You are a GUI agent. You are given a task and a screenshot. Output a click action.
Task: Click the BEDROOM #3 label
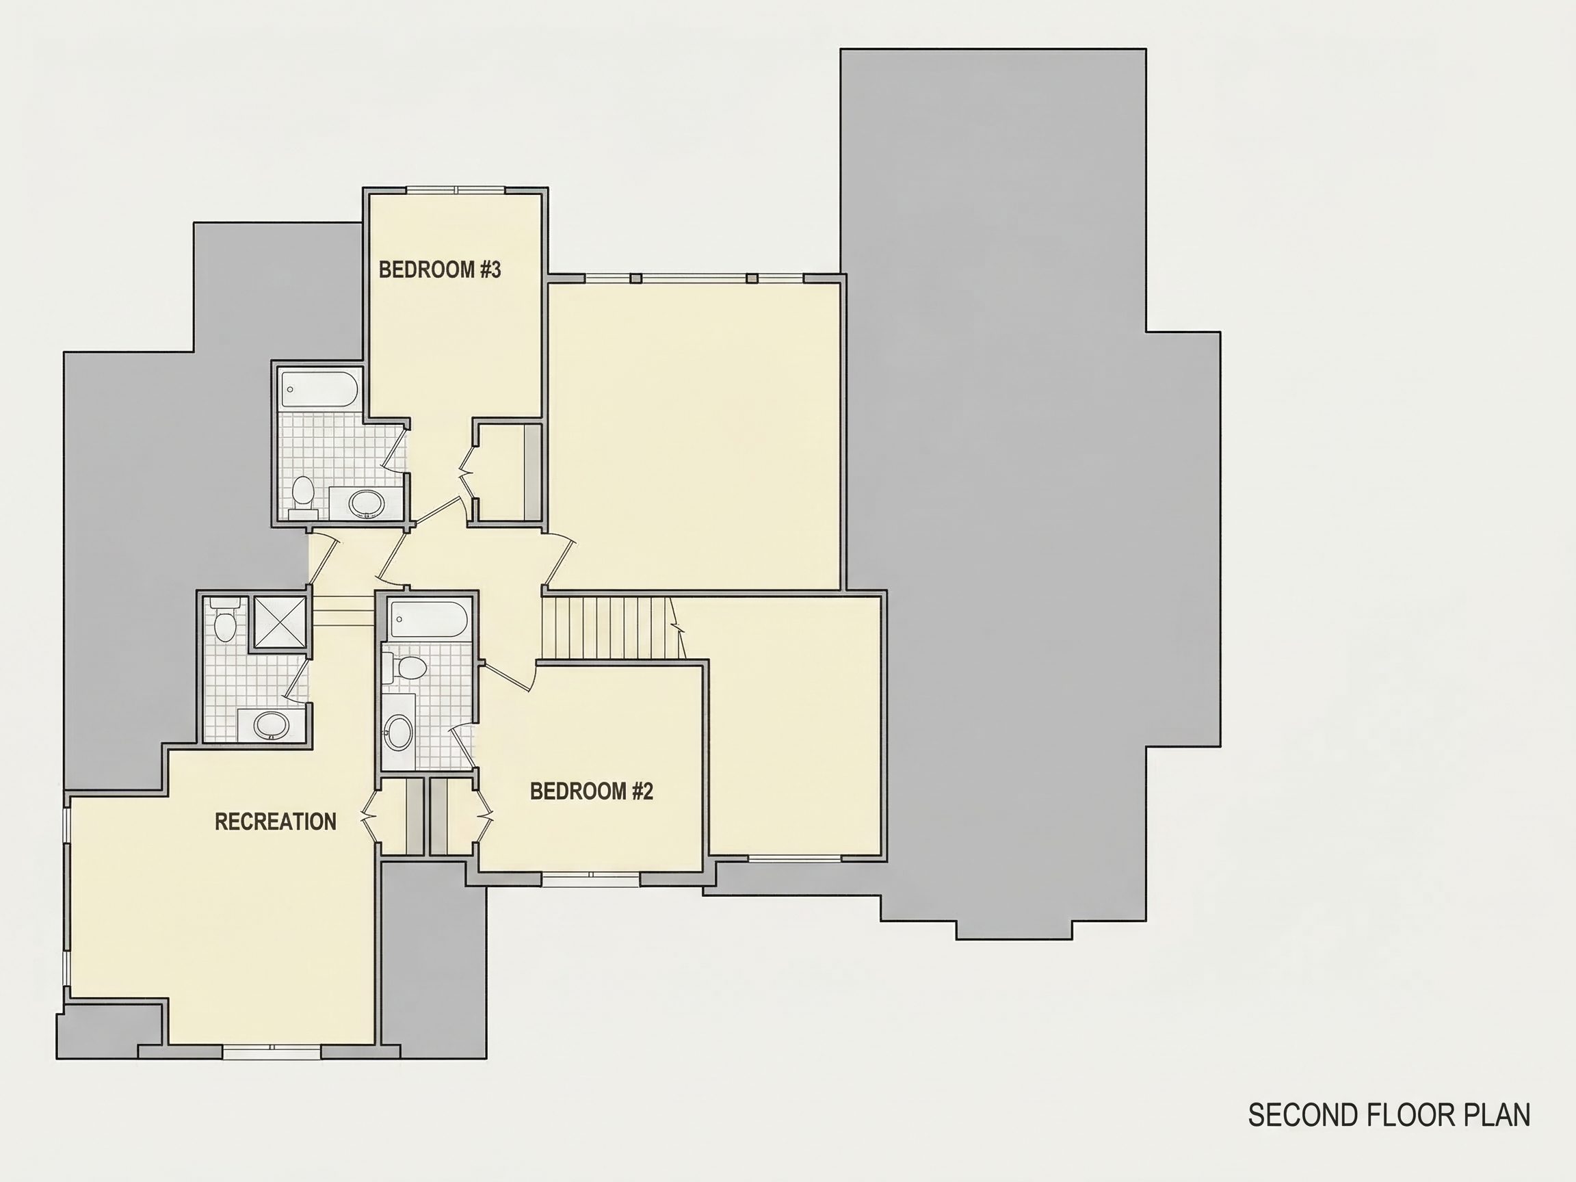point(440,270)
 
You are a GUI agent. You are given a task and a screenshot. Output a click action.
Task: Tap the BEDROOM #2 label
point(592,791)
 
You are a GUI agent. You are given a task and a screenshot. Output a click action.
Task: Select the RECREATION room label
point(276,822)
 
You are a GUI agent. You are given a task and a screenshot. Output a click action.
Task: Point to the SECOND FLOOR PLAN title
point(1389,1115)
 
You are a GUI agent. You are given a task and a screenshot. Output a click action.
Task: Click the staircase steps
point(606,628)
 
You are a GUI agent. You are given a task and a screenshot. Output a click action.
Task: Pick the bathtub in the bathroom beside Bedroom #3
point(319,391)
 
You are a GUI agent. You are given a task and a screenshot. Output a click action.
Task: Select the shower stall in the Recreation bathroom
point(278,622)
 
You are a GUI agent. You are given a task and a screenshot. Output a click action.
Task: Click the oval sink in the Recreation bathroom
point(271,725)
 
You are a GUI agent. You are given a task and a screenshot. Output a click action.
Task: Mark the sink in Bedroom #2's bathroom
point(398,733)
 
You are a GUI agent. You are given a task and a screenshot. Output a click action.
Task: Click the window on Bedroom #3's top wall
point(456,190)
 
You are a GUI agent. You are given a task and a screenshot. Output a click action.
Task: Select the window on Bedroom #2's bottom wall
point(590,880)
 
